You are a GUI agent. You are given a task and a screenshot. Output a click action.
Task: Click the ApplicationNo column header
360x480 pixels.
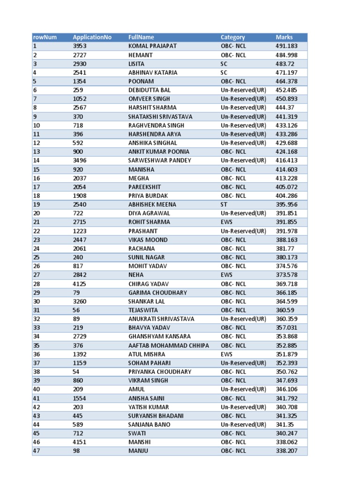click(92, 37)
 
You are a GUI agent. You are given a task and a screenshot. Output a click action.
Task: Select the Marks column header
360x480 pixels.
click(284, 37)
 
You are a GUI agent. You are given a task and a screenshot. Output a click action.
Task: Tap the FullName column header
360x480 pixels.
click(141, 37)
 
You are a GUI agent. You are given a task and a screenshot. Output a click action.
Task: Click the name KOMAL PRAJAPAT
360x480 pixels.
click(152, 46)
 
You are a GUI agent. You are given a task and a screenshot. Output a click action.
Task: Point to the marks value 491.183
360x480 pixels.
click(287, 46)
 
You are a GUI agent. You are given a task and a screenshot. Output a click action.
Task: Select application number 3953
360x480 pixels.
click(80, 46)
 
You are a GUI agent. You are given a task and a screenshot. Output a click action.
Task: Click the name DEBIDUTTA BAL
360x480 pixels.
click(150, 90)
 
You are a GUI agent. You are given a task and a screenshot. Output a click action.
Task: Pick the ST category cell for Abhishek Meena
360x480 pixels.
click(225, 204)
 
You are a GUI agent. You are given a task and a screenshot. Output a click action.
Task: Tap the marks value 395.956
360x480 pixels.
click(287, 204)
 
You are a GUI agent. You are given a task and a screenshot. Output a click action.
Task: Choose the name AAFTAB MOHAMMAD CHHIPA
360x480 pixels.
click(169, 345)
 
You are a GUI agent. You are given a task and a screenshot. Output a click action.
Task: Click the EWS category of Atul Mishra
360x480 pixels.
click(226, 354)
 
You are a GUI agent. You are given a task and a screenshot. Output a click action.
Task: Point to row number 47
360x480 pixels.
click(36, 451)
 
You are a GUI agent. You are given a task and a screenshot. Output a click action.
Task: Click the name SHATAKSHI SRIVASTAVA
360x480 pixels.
click(160, 116)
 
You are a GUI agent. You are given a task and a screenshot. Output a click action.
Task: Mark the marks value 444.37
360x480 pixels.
click(285, 107)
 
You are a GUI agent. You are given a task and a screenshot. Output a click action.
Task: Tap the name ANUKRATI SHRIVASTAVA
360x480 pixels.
click(161, 319)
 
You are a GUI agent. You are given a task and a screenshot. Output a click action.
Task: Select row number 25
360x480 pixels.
click(36, 257)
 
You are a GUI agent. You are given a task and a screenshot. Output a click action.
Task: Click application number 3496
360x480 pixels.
click(80, 160)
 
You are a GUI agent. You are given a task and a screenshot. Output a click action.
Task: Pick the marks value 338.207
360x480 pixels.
click(287, 451)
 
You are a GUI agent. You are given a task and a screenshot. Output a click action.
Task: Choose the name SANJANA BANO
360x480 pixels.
click(149, 425)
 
